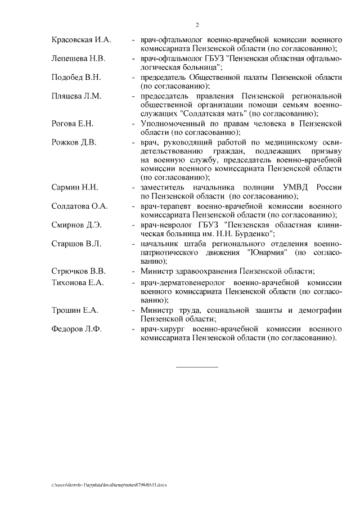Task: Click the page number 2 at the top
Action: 197,25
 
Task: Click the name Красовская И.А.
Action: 82,40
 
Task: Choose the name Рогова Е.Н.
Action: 72,123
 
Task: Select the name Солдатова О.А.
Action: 79,205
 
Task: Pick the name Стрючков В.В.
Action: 78,271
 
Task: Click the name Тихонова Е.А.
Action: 77,282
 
